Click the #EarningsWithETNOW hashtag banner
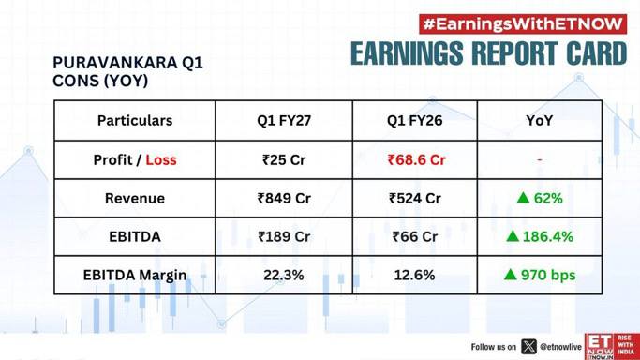click(523, 24)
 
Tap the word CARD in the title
click(596, 53)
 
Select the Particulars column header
click(135, 120)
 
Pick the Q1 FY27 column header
click(284, 120)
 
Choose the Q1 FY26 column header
click(415, 120)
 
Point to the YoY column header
click(539, 120)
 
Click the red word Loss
click(161, 159)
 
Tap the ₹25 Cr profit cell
click(284, 159)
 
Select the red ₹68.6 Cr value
click(416, 159)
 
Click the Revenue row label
click(135, 199)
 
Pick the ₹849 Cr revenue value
click(284, 199)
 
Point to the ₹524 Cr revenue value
click(415, 199)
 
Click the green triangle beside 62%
click(523, 198)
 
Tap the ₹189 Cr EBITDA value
click(284, 237)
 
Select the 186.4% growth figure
click(548, 237)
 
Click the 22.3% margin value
click(284, 275)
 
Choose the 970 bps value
click(548, 275)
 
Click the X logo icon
click(528, 347)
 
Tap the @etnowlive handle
click(560, 347)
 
